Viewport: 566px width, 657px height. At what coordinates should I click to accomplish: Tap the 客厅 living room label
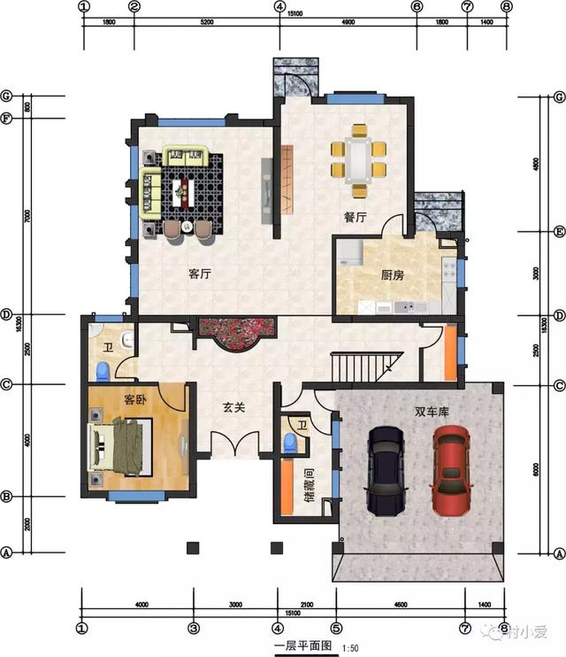coord(199,274)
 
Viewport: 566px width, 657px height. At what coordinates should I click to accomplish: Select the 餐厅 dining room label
coord(356,217)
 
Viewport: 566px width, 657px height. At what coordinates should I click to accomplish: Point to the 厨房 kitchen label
coord(393,275)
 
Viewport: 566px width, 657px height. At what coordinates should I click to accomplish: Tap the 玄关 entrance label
coord(233,408)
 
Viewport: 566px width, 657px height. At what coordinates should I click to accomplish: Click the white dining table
coord(358,159)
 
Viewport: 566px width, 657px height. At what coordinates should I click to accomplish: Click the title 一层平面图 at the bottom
coord(302,646)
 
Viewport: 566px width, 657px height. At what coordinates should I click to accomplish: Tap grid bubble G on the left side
coord(6,96)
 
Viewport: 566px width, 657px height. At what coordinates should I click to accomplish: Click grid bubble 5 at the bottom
coord(335,628)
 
